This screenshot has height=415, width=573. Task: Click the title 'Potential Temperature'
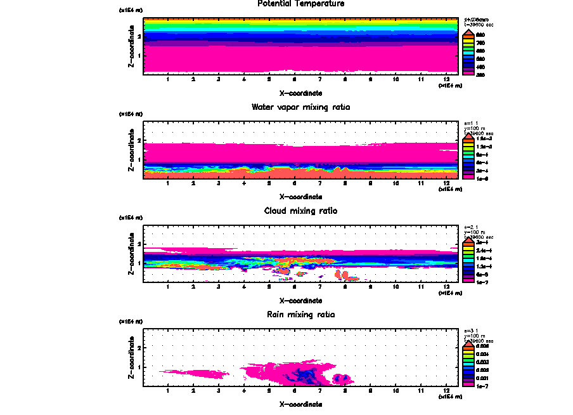coord(300,4)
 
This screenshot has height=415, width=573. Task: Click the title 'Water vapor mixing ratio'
coord(300,107)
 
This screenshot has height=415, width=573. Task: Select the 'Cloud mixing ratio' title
coord(300,211)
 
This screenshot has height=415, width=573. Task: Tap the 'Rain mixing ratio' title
coord(300,314)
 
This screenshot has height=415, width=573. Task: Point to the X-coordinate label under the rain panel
coord(300,404)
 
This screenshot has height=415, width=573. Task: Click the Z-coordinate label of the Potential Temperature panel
coord(130,46)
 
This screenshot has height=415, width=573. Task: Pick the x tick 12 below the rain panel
coord(447,390)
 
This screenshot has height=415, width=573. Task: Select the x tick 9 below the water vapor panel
coord(371,183)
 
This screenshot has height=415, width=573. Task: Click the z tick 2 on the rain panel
coord(139,348)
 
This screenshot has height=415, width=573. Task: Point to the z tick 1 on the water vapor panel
coord(139,159)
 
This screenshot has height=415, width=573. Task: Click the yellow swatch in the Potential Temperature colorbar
coord(467,42)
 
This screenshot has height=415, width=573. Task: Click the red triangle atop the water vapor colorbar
coord(467,135)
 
